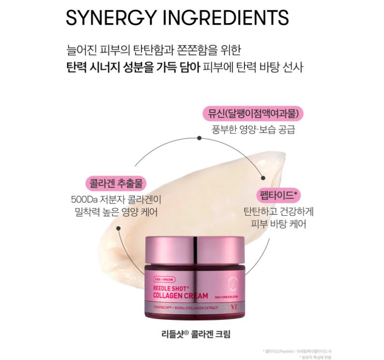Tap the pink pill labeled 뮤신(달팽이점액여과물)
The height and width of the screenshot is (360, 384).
coord(252,114)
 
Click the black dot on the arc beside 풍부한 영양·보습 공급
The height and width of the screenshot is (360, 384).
coord(199,138)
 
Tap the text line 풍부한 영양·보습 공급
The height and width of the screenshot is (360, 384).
coord(253,130)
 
